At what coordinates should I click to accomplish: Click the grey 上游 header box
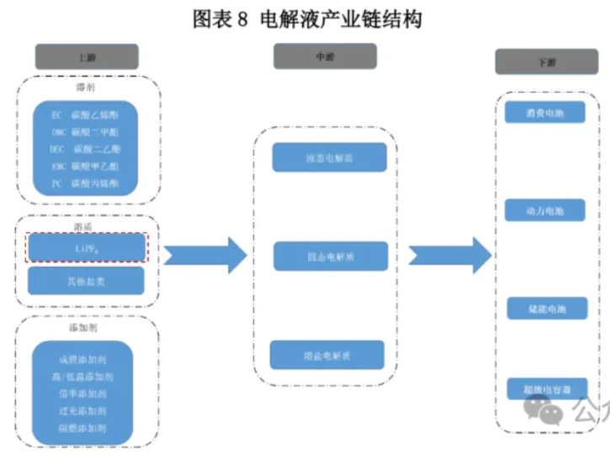(x=87, y=57)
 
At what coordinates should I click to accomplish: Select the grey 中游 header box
(x=324, y=56)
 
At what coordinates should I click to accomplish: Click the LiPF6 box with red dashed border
(x=87, y=247)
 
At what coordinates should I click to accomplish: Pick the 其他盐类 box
(x=87, y=281)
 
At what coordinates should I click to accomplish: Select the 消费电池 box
(x=545, y=112)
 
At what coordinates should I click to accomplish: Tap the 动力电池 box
(x=545, y=211)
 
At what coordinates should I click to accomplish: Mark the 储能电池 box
(x=545, y=308)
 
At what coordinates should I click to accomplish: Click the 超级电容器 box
(x=545, y=389)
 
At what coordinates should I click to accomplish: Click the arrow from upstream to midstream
(x=204, y=254)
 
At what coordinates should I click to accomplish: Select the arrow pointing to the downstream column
(x=449, y=254)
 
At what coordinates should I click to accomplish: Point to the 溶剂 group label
(x=87, y=88)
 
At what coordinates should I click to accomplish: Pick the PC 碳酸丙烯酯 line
(x=85, y=183)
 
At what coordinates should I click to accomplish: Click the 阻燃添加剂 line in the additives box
(x=87, y=427)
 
